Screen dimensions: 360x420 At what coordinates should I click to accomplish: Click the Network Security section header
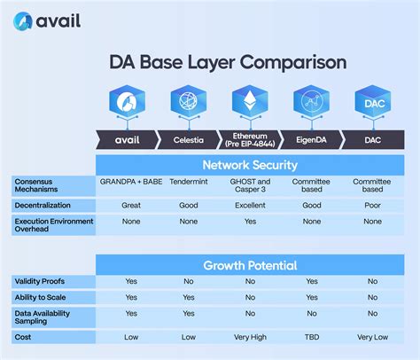249,165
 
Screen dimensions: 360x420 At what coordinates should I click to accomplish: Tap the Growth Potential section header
249,264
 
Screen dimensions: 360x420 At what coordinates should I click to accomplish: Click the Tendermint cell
188,180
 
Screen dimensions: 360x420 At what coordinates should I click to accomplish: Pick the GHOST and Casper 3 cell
249,184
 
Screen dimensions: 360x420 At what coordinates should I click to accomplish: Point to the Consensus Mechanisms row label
40,184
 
